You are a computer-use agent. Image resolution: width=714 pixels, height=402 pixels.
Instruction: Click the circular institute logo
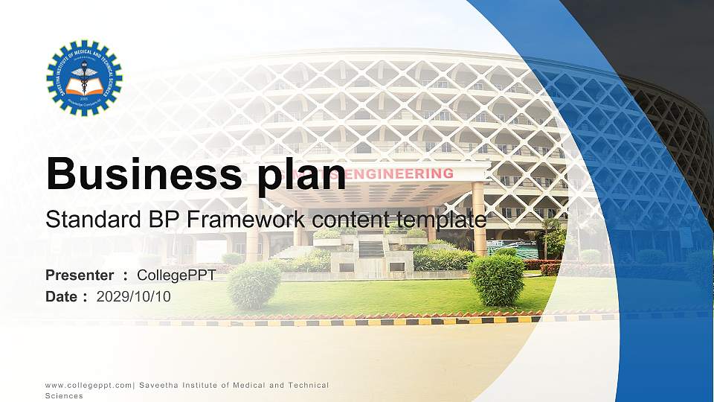point(84,77)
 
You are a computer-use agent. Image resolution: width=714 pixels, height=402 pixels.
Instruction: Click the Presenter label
point(80,275)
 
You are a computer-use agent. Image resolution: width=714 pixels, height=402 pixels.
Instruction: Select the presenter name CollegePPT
point(176,275)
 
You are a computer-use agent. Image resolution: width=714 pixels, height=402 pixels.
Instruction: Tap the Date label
point(62,296)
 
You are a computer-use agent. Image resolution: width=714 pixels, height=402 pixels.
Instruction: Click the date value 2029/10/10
point(134,296)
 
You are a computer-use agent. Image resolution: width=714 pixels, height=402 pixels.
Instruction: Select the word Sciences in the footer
point(64,396)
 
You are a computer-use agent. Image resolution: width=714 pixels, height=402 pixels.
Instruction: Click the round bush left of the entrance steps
point(254,285)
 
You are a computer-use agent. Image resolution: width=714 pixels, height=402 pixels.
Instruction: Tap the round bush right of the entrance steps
point(496,279)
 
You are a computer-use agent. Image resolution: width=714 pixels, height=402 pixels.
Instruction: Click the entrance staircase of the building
point(371,249)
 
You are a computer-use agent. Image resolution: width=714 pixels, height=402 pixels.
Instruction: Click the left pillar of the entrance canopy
point(254,223)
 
